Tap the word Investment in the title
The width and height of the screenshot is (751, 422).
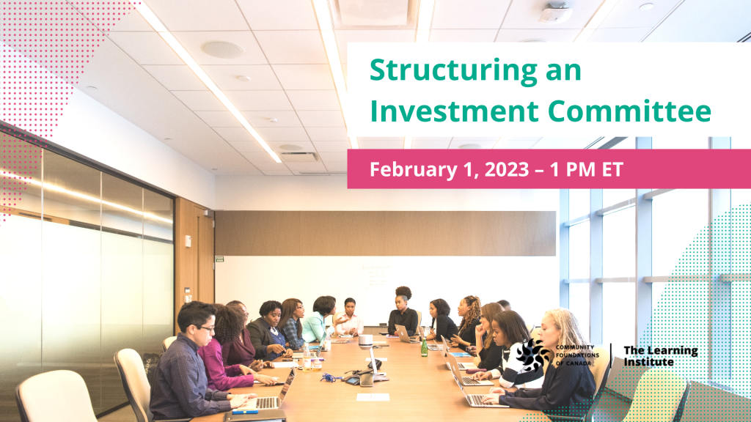(x=454, y=111)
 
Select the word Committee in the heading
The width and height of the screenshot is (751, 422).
(x=629, y=111)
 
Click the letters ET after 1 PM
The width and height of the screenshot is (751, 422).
(x=612, y=169)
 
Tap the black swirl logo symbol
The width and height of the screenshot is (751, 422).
(x=532, y=355)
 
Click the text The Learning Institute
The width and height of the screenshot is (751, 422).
(x=661, y=356)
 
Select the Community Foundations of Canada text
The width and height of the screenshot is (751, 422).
(x=577, y=355)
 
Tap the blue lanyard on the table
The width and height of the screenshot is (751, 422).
(x=329, y=377)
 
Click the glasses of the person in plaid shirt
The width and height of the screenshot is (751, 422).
(x=206, y=329)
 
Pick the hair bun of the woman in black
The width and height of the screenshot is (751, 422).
(x=403, y=291)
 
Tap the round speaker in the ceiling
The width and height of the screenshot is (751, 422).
(x=223, y=50)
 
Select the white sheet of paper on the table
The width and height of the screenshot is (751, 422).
(x=373, y=397)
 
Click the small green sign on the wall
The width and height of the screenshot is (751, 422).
(x=219, y=259)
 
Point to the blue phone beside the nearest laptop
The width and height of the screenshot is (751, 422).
(x=245, y=411)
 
